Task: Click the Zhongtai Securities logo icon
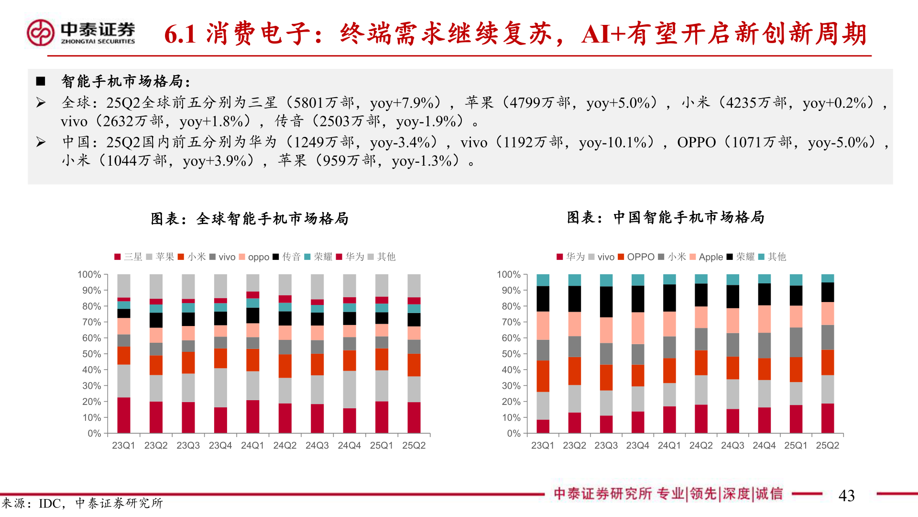tap(40, 33)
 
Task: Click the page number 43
tap(846, 495)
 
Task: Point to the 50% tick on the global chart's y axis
tap(91, 354)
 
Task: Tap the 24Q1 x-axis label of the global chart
tap(252, 446)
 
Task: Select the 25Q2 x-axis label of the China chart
tap(827, 446)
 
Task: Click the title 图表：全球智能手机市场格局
tap(250, 219)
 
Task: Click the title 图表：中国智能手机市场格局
tap(666, 217)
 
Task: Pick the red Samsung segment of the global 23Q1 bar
tap(124, 415)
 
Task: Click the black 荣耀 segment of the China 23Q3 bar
tap(606, 302)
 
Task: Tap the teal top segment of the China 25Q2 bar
tap(827, 278)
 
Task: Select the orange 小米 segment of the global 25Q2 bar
tap(414, 365)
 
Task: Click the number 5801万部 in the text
tap(323, 102)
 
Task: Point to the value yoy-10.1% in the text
tap(616, 142)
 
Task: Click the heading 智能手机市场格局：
tap(126, 81)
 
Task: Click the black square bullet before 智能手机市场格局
tap(41, 81)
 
